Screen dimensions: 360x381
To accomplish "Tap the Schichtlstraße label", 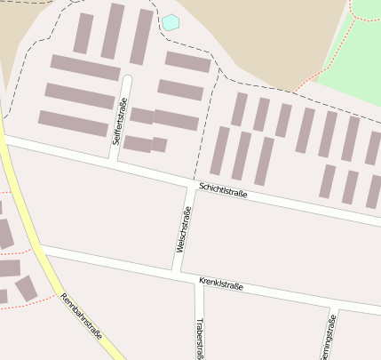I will [x=223, y=190].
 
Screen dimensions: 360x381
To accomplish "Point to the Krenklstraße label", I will [x=222, y=286].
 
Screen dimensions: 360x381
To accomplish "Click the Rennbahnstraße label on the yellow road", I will [x=82, y=316].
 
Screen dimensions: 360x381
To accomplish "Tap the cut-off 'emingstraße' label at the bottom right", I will [x=329, y=339].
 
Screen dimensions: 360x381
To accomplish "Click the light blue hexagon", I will [x=171, y=22].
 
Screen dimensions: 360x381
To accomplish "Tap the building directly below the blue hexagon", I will [x=188, y=61].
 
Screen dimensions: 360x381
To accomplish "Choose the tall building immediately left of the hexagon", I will [x=142, y=36].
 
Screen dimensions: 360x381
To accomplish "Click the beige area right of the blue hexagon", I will [x=258, y=36].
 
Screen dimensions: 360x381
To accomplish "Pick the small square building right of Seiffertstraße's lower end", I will [x=159, y=145].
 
